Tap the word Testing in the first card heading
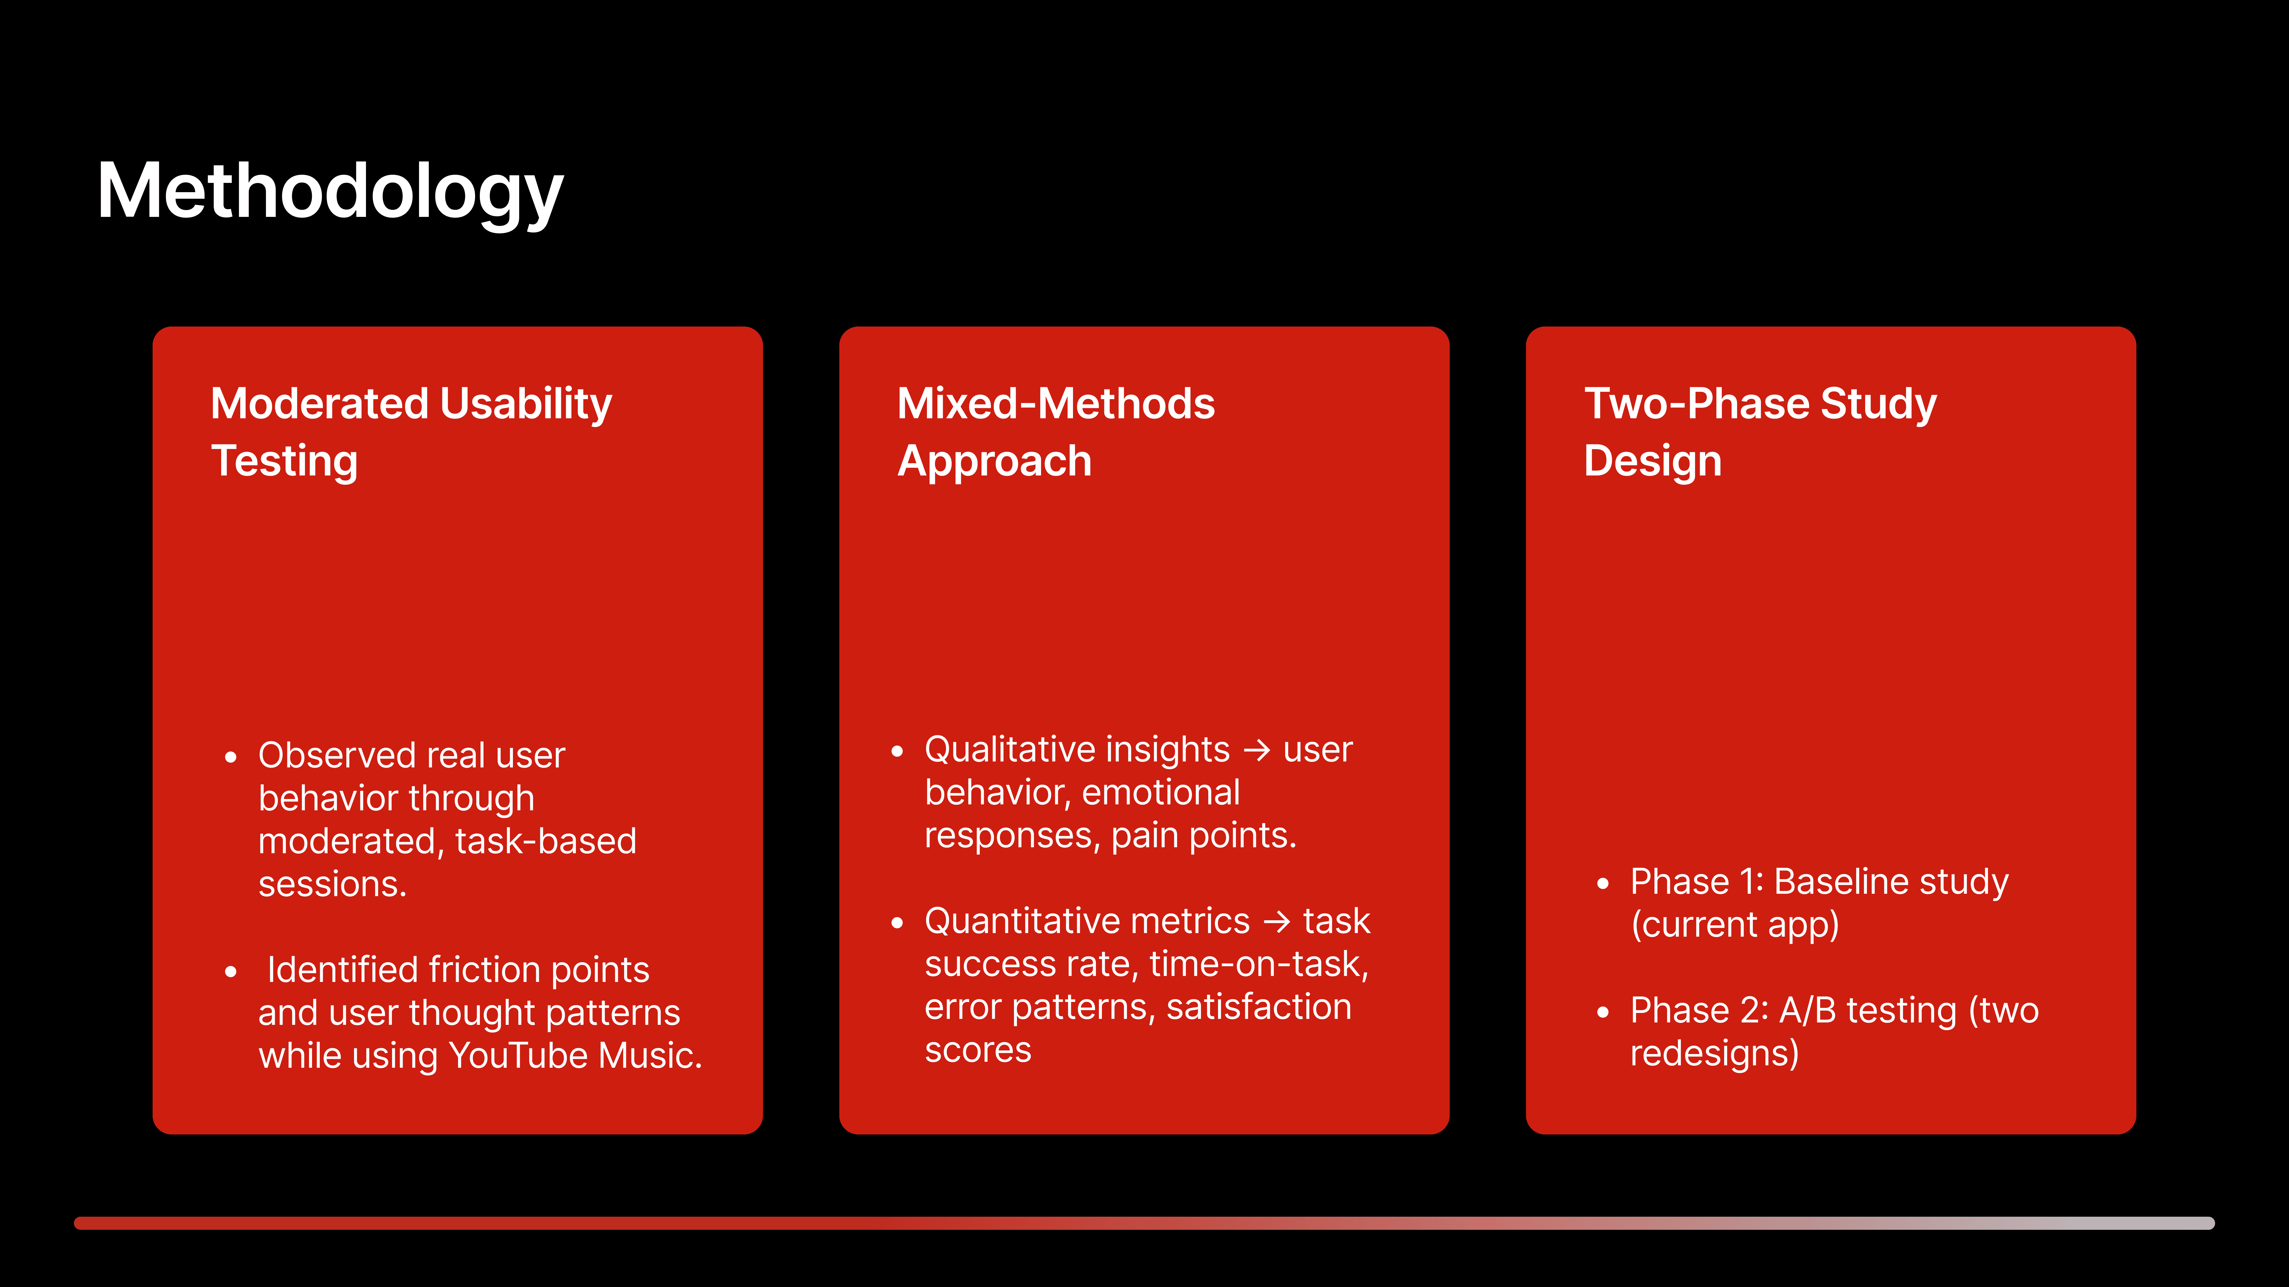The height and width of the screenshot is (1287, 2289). tap(284, 462)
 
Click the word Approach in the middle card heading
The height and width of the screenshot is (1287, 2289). tap(994, 462)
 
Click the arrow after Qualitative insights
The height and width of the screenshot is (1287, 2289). tap(1257, 750)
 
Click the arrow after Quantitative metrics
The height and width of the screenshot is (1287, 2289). tap(1277, 922)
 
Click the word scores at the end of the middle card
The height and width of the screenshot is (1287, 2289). tap(978, 1051)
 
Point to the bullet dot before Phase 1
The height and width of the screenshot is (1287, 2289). tap(1603, 884)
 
